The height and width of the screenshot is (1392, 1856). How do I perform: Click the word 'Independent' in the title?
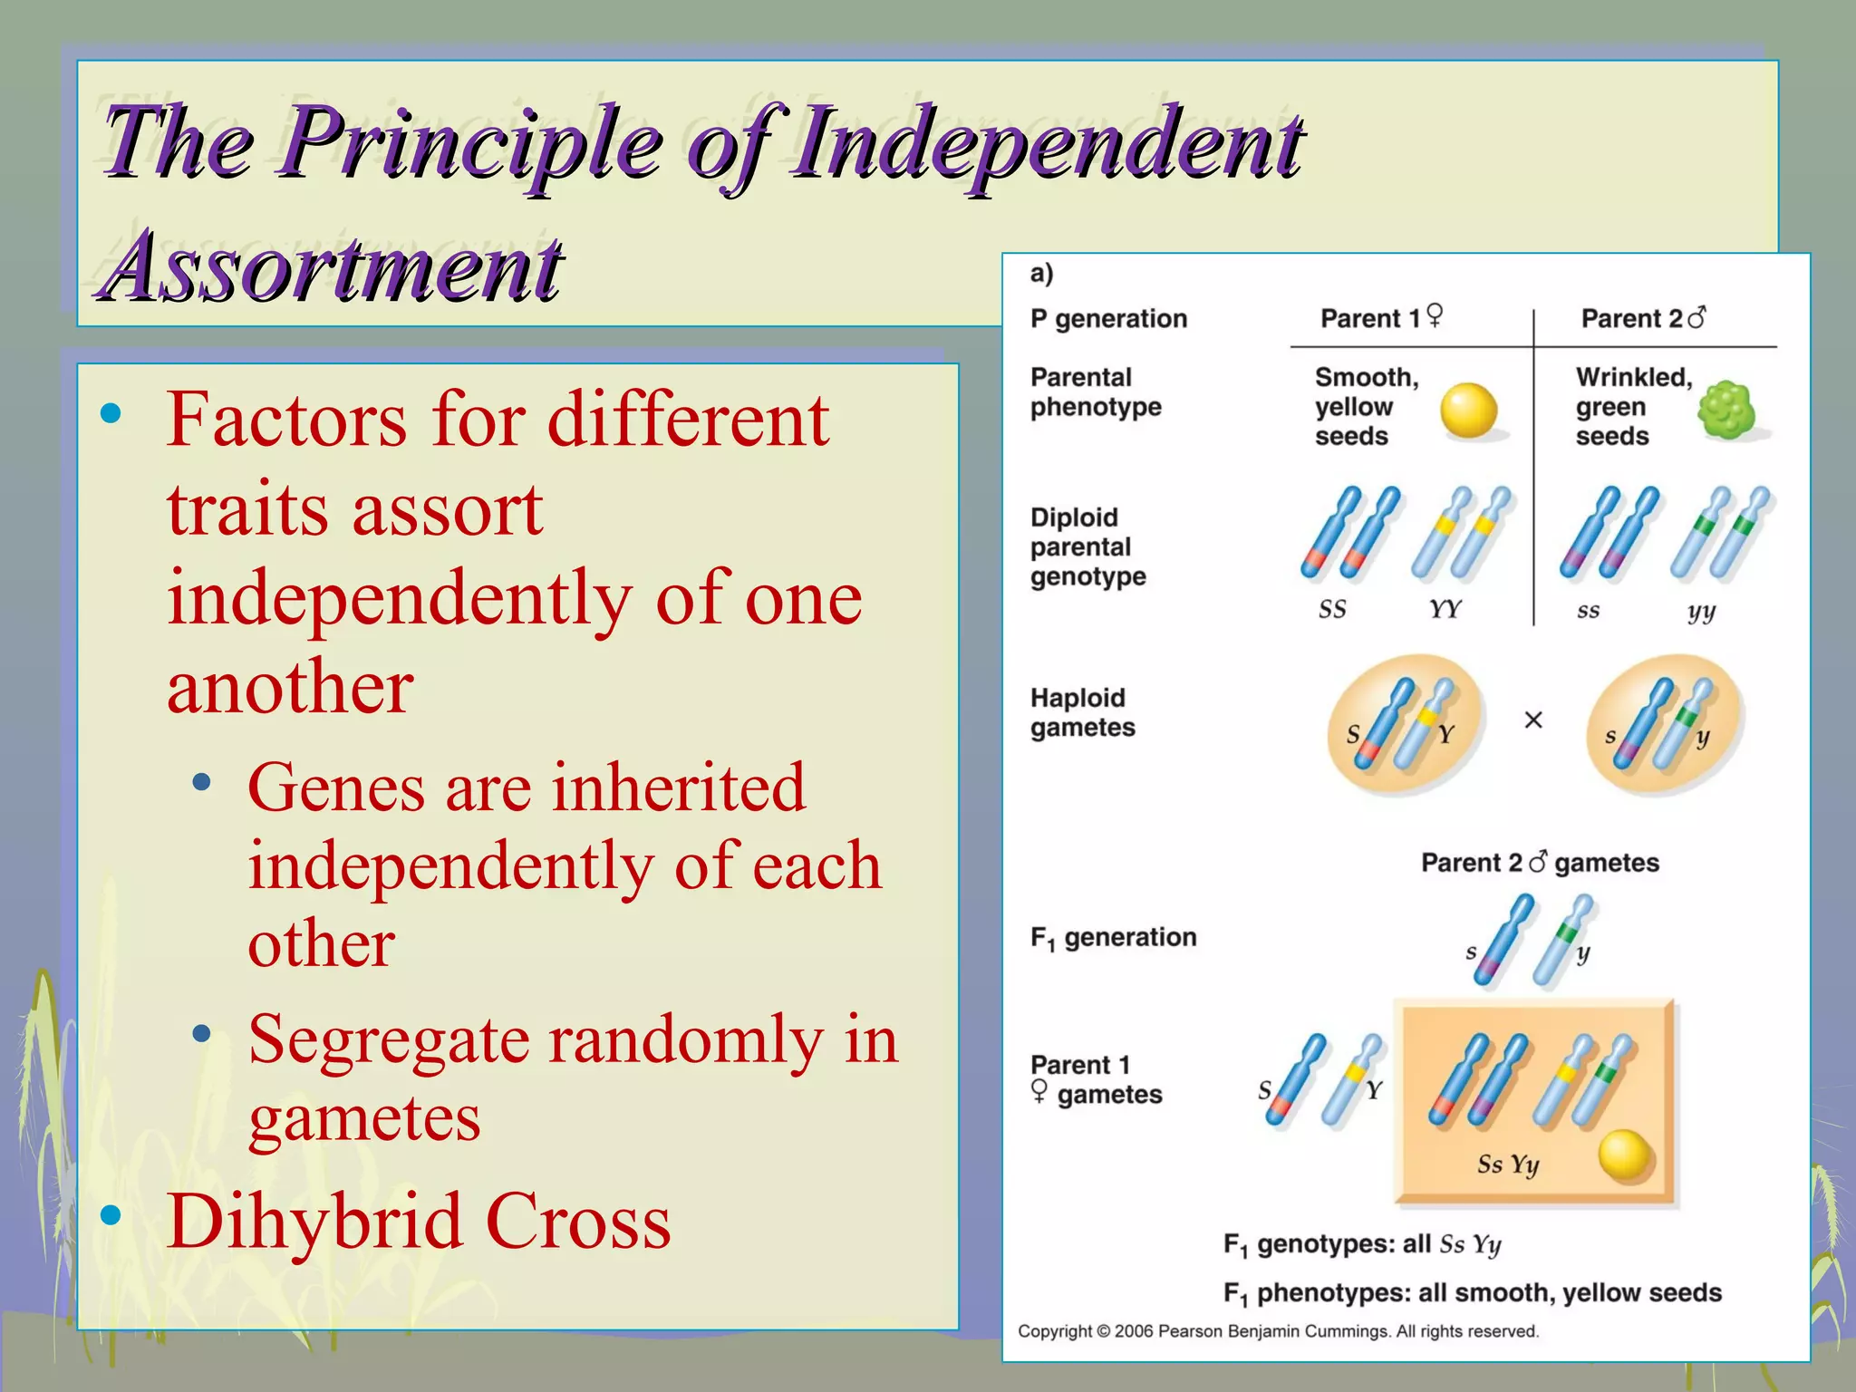[1047, 143]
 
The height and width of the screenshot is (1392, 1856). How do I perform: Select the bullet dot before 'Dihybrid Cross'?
[111, 1215]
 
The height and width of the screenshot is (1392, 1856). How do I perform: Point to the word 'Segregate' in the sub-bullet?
[388, 1040]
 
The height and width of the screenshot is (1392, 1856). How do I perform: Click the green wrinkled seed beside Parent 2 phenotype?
[1725, 410]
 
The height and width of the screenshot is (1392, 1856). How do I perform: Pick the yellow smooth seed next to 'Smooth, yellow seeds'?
[1468, 411]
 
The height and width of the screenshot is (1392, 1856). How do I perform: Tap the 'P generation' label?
[1108, 319]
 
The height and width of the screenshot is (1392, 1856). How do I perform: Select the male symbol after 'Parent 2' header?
[1696, 318]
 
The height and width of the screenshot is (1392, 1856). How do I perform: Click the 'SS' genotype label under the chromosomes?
[1332, 610]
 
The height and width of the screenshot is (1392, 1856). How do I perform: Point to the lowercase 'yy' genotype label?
[1701, 612]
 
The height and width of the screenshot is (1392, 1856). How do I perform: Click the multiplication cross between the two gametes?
[1533, 720]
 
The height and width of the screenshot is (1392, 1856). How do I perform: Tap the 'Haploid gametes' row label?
[1082, 712]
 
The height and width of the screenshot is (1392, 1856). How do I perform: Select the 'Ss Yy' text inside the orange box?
[1508, 1165]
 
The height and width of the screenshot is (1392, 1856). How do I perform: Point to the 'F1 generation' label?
[1113, 937]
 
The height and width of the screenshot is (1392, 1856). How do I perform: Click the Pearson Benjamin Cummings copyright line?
[1278, 1331]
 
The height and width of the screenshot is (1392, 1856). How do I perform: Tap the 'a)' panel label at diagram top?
[1041, 274]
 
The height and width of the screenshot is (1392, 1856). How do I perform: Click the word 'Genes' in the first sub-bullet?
[335, 787]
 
